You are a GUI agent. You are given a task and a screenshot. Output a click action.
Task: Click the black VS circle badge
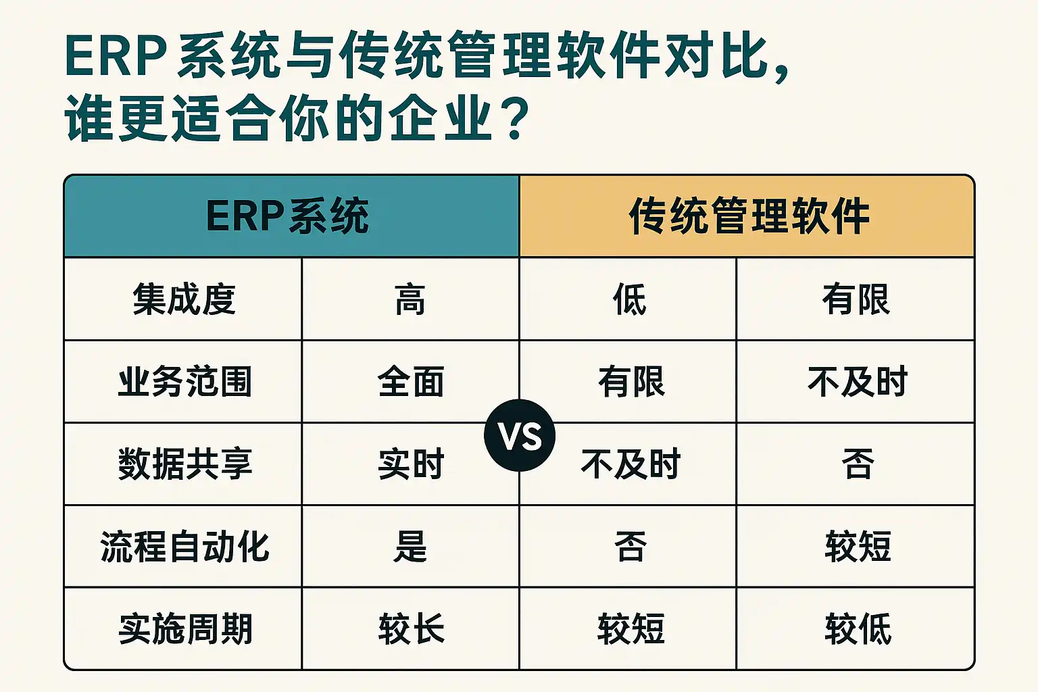[520, 435]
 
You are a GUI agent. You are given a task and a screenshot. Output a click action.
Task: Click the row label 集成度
[184, 299]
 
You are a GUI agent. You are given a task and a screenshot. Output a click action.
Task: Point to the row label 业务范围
[185, 381]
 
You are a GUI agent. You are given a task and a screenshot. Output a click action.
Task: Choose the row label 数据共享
[185, 464]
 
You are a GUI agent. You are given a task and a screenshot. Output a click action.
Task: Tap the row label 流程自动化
[185, 547]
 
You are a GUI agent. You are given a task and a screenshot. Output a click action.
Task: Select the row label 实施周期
[185, 629]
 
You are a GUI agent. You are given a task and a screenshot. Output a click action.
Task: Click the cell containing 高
[410, 299]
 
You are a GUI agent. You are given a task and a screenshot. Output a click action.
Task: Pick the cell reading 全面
[411, 381]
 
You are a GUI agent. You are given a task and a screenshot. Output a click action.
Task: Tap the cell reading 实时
[411, 464]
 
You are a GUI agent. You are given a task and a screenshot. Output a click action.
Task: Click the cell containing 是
[410, 547]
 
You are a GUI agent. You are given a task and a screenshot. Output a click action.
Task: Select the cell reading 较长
[411, 629]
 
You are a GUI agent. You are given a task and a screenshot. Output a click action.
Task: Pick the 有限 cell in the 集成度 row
[856, 299]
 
